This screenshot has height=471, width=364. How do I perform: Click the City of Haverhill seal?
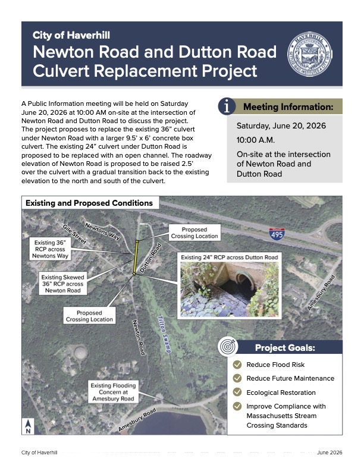coord(310,54)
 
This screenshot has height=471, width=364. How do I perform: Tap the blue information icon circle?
coord(227,106)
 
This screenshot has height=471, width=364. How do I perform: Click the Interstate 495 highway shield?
coord(277,234)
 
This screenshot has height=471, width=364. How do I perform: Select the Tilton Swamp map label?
coord(164,334)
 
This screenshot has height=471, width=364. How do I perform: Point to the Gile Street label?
coord(74,234)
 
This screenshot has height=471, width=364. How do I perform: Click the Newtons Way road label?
coord(102,231)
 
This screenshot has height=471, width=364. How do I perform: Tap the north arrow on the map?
coord(28,426)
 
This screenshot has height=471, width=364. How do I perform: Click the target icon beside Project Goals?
coord(228,346)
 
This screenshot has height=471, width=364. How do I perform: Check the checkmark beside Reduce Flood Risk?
coord(237,365)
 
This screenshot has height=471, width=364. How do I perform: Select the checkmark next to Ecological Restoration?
coord(237,392)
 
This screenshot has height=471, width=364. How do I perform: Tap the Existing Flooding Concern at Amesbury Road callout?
coord(113,392)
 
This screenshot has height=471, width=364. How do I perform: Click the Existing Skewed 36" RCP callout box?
coord(63,284)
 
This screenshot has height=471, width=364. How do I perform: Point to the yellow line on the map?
coord(136,258)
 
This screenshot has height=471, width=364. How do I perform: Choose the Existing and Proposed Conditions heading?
coord(89,203)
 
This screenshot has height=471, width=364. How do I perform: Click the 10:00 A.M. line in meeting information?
coord(256,140)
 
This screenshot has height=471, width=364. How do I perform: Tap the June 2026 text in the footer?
coord(330,453)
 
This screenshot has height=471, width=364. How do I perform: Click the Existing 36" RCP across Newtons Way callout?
coord(50,249)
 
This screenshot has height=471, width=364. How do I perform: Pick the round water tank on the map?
coord(80,351)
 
